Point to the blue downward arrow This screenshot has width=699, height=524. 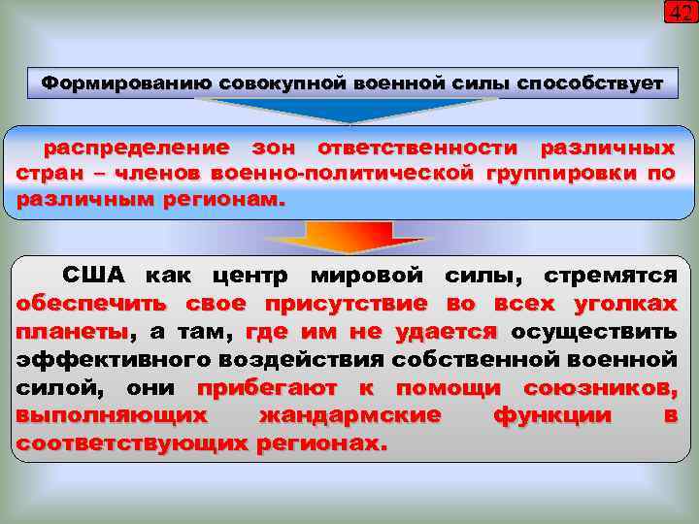(349, 111)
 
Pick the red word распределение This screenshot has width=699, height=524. (135, 149)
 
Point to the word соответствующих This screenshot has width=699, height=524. (133, 442)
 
